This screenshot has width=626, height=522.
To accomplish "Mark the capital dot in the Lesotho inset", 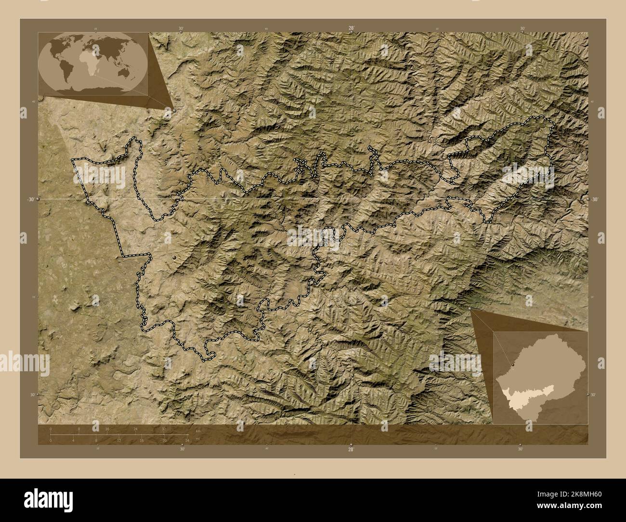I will (x=513, y=365).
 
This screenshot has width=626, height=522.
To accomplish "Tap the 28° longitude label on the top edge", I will (x=352, y=28).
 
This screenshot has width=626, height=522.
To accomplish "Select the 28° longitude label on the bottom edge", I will (x=351, y=449).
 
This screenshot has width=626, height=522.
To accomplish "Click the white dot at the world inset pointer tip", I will (x=175, y=110).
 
